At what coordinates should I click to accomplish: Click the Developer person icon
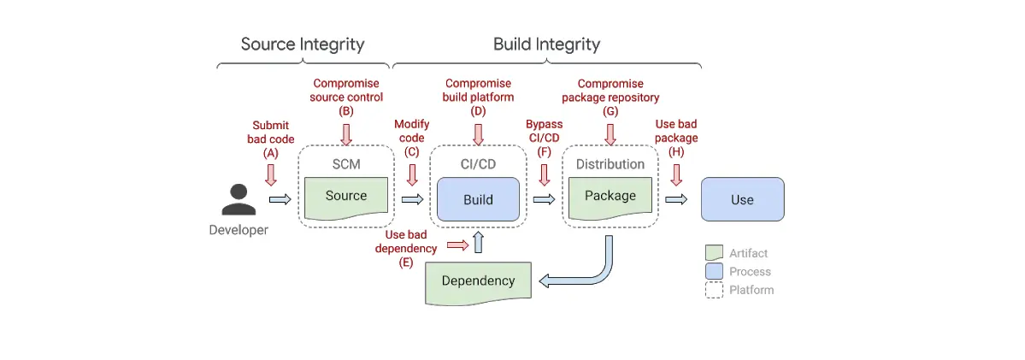click(239, 199)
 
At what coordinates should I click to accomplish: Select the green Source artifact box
click(346, 197)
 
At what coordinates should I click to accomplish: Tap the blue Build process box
click(478, 199)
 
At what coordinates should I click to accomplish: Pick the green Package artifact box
click(610, 197)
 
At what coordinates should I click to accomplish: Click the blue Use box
click(742, 199)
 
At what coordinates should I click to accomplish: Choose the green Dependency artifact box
click(478, 281)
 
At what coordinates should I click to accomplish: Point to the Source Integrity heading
click(303, 44)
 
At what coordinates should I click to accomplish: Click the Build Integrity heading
click(546, 44)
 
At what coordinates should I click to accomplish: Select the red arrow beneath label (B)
click(346, 133)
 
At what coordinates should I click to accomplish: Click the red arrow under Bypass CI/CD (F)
click(545, 174)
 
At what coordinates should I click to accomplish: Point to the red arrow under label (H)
click(676, 174)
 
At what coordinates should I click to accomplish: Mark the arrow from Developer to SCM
click(280, 199)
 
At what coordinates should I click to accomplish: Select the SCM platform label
click(346, 163)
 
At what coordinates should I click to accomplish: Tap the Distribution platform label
click(610, 163)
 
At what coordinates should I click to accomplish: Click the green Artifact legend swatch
click(714, 253)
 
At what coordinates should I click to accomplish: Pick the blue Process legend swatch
click(714, 272)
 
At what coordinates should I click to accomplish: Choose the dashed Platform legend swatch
click(714, 290)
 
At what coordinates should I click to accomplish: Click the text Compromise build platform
click(478, 90)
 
